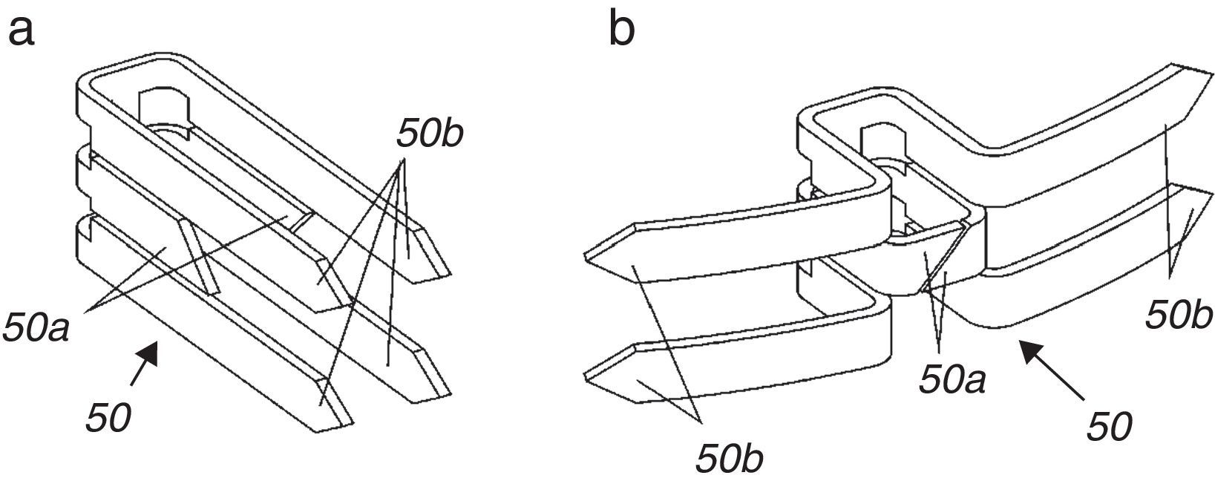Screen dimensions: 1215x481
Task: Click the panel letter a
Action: (x=22, y=31)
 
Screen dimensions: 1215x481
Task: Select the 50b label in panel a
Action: (x=430, y=134)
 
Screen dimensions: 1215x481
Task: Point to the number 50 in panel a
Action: (x=108, y=419)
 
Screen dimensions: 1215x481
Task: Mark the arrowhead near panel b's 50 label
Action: (x=1028, y=350)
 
